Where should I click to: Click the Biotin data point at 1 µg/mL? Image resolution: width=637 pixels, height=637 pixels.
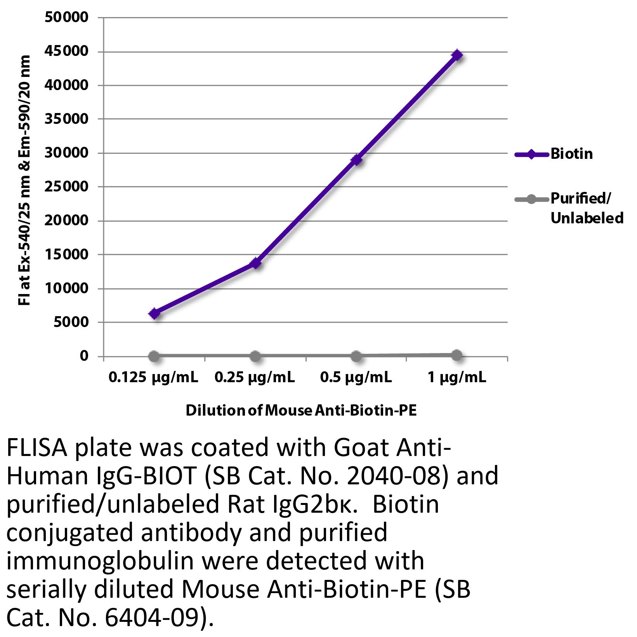pyautogui.click(x=457, y=55)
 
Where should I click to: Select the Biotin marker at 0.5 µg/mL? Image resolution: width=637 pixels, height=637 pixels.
pyautogui.click(x=356, y=160)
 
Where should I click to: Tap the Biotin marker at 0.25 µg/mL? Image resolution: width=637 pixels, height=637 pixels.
pyautogui.click(x=255, y=263)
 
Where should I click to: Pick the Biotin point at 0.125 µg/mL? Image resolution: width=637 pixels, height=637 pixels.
pyautogui.click(x=154, y=313)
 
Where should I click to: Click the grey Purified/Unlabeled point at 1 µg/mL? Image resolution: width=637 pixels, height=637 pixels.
pyautogui.click(x=457, y=355)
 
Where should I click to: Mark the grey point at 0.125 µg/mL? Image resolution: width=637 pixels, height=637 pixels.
pyautogui.click(x=154, y=356)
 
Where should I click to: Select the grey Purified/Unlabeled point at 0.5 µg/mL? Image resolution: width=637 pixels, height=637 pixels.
pyautogui.click(x=356, y=355)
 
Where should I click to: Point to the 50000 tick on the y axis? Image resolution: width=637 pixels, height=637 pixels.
pyautogui.click(x=67, y=17)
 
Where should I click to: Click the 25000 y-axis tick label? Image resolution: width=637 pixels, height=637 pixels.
pyautogui.click(x=67, y=187)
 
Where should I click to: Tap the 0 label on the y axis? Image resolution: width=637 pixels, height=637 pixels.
pyautogui.click(x=84, y=356)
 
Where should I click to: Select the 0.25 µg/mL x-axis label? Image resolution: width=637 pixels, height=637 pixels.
pyautogui.click(x=255, y=377)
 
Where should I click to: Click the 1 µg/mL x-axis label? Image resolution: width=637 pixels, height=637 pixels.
pyautogui.click(x=457, y=377)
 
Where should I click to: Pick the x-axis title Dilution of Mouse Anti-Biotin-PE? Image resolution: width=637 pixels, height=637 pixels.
pyautogui.click(x=301, y=411)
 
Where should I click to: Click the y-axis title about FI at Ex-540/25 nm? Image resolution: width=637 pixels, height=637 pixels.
pyautogui.click(x=25, y=181)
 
